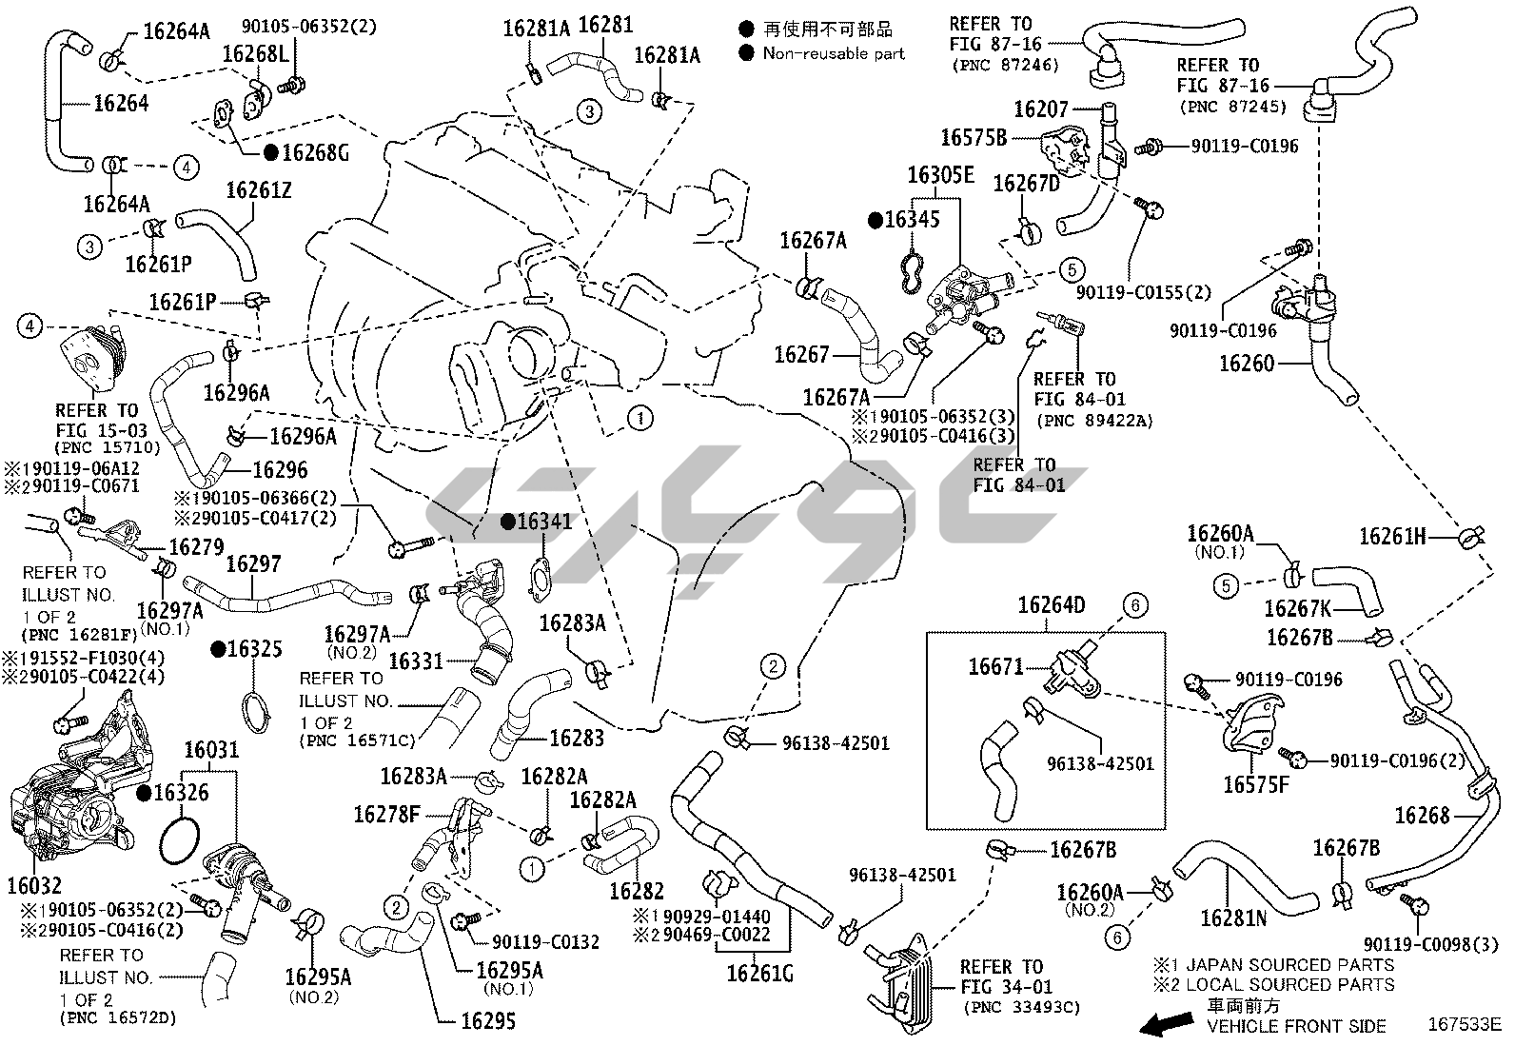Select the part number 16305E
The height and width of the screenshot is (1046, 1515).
point(939,175)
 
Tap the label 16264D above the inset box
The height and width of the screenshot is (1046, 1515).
point(1051,605)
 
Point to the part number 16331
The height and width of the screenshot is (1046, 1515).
point(416,660)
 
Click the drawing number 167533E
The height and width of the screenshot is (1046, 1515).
point(1463,1025)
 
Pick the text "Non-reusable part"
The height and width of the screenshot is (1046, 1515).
point(834,54)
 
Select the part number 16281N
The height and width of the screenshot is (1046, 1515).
point(1233,918)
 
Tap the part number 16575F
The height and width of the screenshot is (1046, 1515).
point(1256,784)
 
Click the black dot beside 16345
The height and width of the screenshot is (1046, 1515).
point(876,220)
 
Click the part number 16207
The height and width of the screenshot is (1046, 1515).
point(1041,109)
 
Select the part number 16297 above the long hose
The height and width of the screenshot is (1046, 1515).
point(253,564)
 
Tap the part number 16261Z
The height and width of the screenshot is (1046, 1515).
point(258,190)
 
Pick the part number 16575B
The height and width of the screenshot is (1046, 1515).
point(973,138)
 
